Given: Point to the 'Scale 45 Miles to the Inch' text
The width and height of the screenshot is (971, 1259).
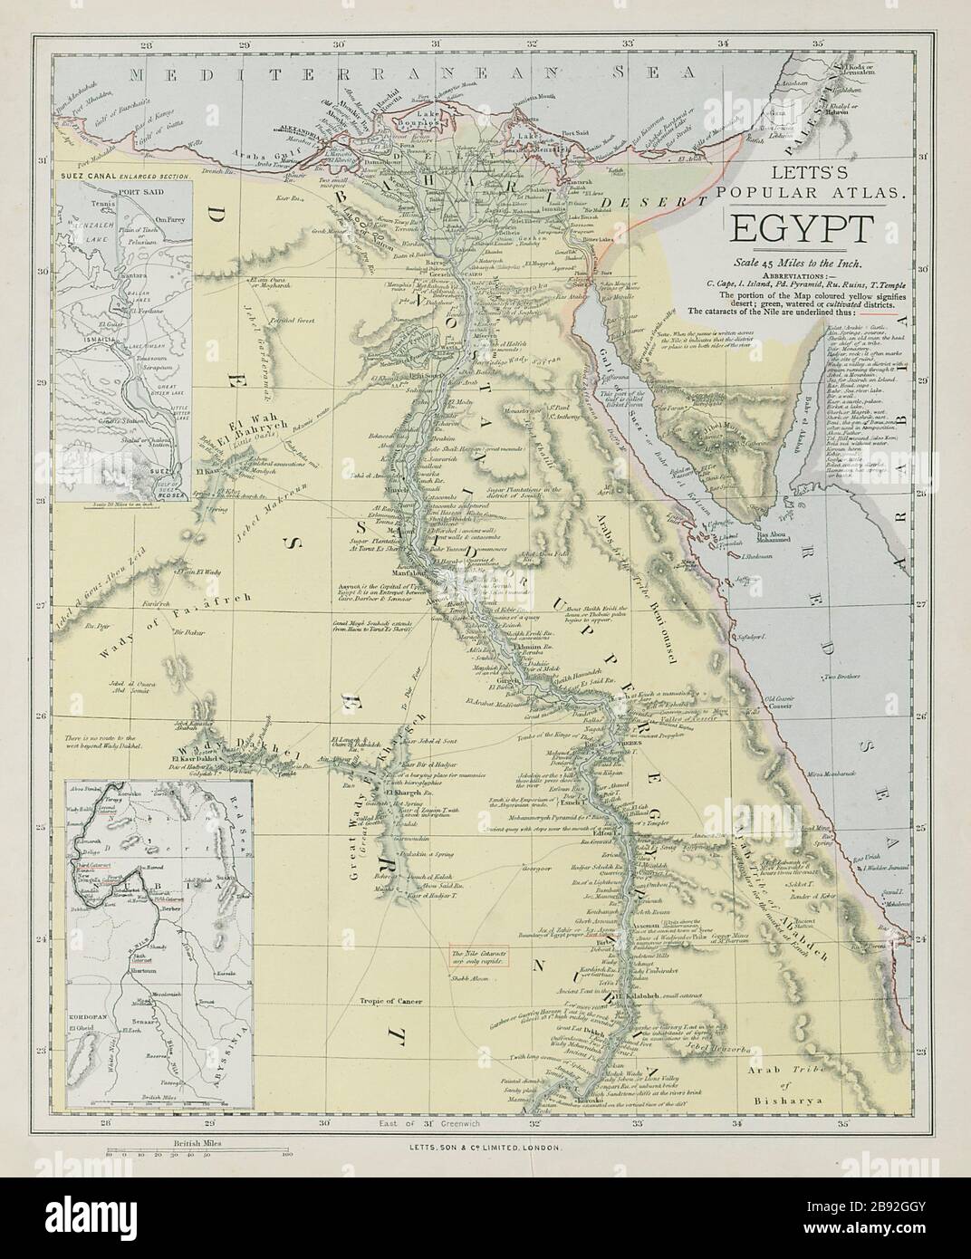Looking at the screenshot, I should [x=797, y=262].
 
